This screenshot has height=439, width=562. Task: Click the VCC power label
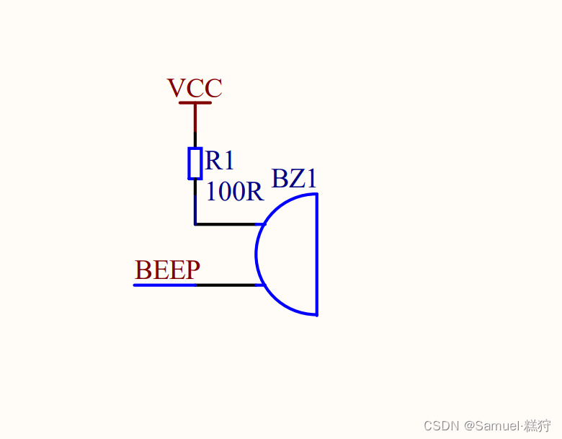coord(195,88)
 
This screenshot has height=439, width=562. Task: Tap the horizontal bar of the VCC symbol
coord(195,103)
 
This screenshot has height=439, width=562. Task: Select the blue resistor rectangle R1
coord(195,163)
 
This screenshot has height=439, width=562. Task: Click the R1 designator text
coord(220,160)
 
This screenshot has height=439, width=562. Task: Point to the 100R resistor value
coord(235,192)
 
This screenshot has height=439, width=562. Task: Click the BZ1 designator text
coord(294,179)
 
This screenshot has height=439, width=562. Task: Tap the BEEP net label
coord(167,270)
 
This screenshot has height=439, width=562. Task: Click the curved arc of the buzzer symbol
coord(257,254)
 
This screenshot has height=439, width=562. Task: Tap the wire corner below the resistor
coord(195,224)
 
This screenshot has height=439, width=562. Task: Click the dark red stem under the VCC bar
coord(195,117)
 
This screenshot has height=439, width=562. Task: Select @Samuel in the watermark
coord(492,425)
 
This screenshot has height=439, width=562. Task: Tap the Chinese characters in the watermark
coord(538,425)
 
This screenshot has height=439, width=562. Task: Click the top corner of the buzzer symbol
coord(316,193)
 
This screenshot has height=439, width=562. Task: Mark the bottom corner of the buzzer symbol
coord(316,314)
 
